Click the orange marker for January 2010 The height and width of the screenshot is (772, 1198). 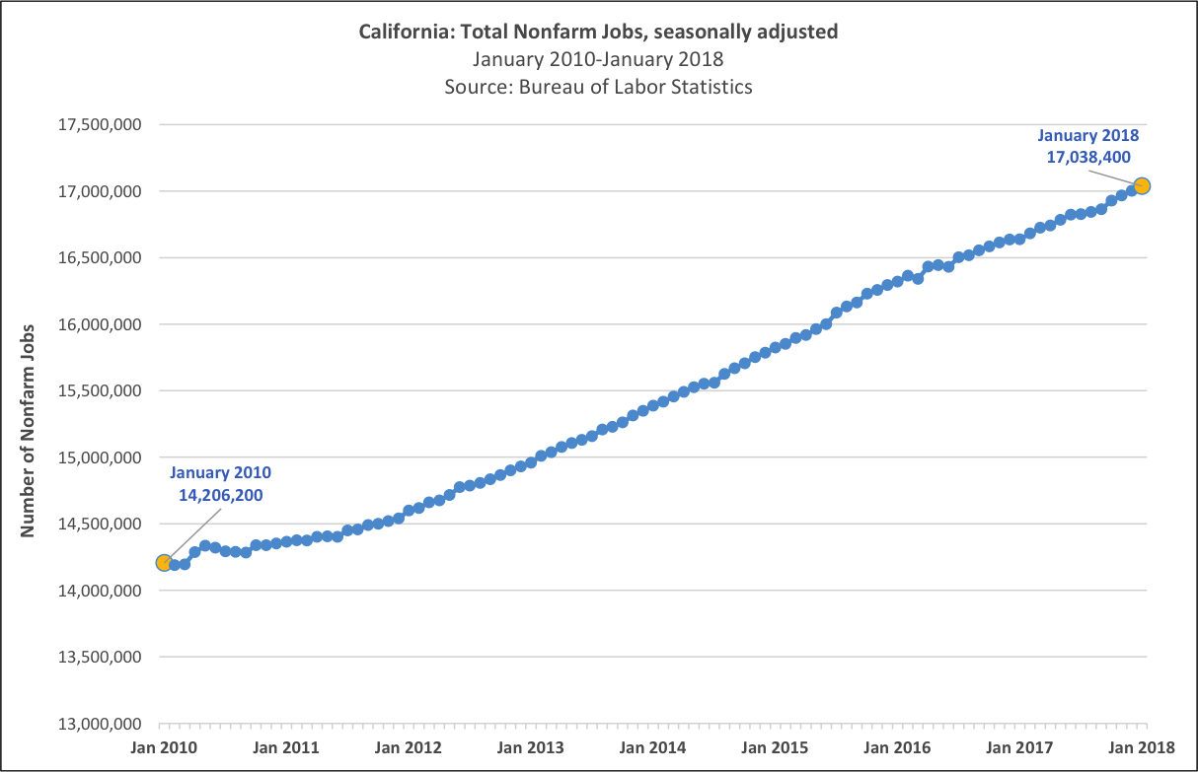(164, 563)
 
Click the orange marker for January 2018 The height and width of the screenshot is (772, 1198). (1142, 185)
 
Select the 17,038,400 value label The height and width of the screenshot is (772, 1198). (1088, 156)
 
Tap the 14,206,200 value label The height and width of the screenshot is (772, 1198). (221, 495)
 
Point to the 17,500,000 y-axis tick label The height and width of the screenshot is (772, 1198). (102, 125)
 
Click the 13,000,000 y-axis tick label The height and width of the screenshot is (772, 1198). (102, 724)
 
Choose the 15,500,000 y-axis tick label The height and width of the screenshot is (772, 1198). (102, 391)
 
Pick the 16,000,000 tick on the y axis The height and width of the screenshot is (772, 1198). (102, 324)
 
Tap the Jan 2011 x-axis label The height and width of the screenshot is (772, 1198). (286, 746)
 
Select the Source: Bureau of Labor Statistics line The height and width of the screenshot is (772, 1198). (598, 87)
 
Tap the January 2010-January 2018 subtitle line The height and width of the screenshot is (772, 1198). (598, 59)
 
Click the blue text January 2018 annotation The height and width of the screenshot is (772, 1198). (1088, 135)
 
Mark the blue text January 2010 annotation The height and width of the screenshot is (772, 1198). (221, 473)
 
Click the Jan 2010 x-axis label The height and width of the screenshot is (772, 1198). (164, 746)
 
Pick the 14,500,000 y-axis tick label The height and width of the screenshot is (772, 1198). (102, 525)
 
